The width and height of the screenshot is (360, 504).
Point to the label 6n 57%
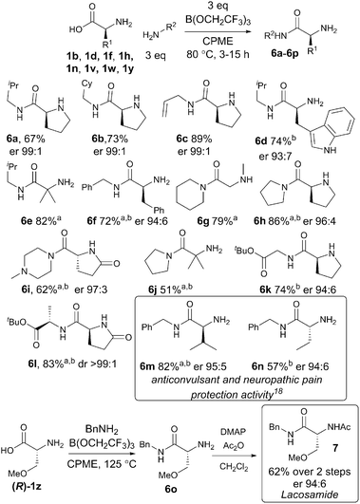pyautogui.click(x=282, y=353)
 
